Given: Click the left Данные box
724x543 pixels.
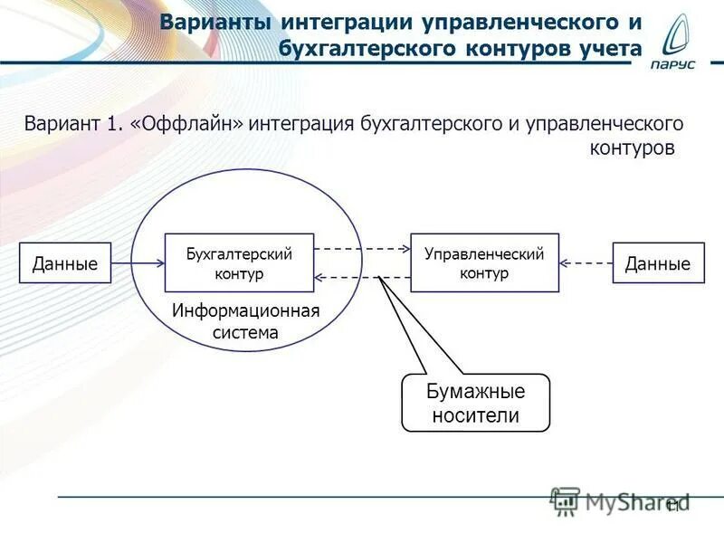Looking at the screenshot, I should [65, 263].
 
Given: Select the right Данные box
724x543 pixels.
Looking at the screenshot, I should [658, 263].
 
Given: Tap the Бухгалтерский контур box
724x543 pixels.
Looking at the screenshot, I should [240, 262].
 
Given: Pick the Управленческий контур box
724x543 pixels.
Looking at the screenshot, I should [484, 262].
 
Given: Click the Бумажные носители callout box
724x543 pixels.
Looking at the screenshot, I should [475, 404].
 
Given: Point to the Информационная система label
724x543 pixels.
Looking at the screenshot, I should [246, 321].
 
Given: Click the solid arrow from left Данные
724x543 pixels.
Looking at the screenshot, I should [138, 263].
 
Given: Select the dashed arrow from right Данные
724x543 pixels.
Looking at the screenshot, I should [586, 263].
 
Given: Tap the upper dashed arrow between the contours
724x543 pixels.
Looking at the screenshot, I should [363, 248].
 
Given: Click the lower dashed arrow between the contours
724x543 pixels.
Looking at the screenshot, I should [363, 277].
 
